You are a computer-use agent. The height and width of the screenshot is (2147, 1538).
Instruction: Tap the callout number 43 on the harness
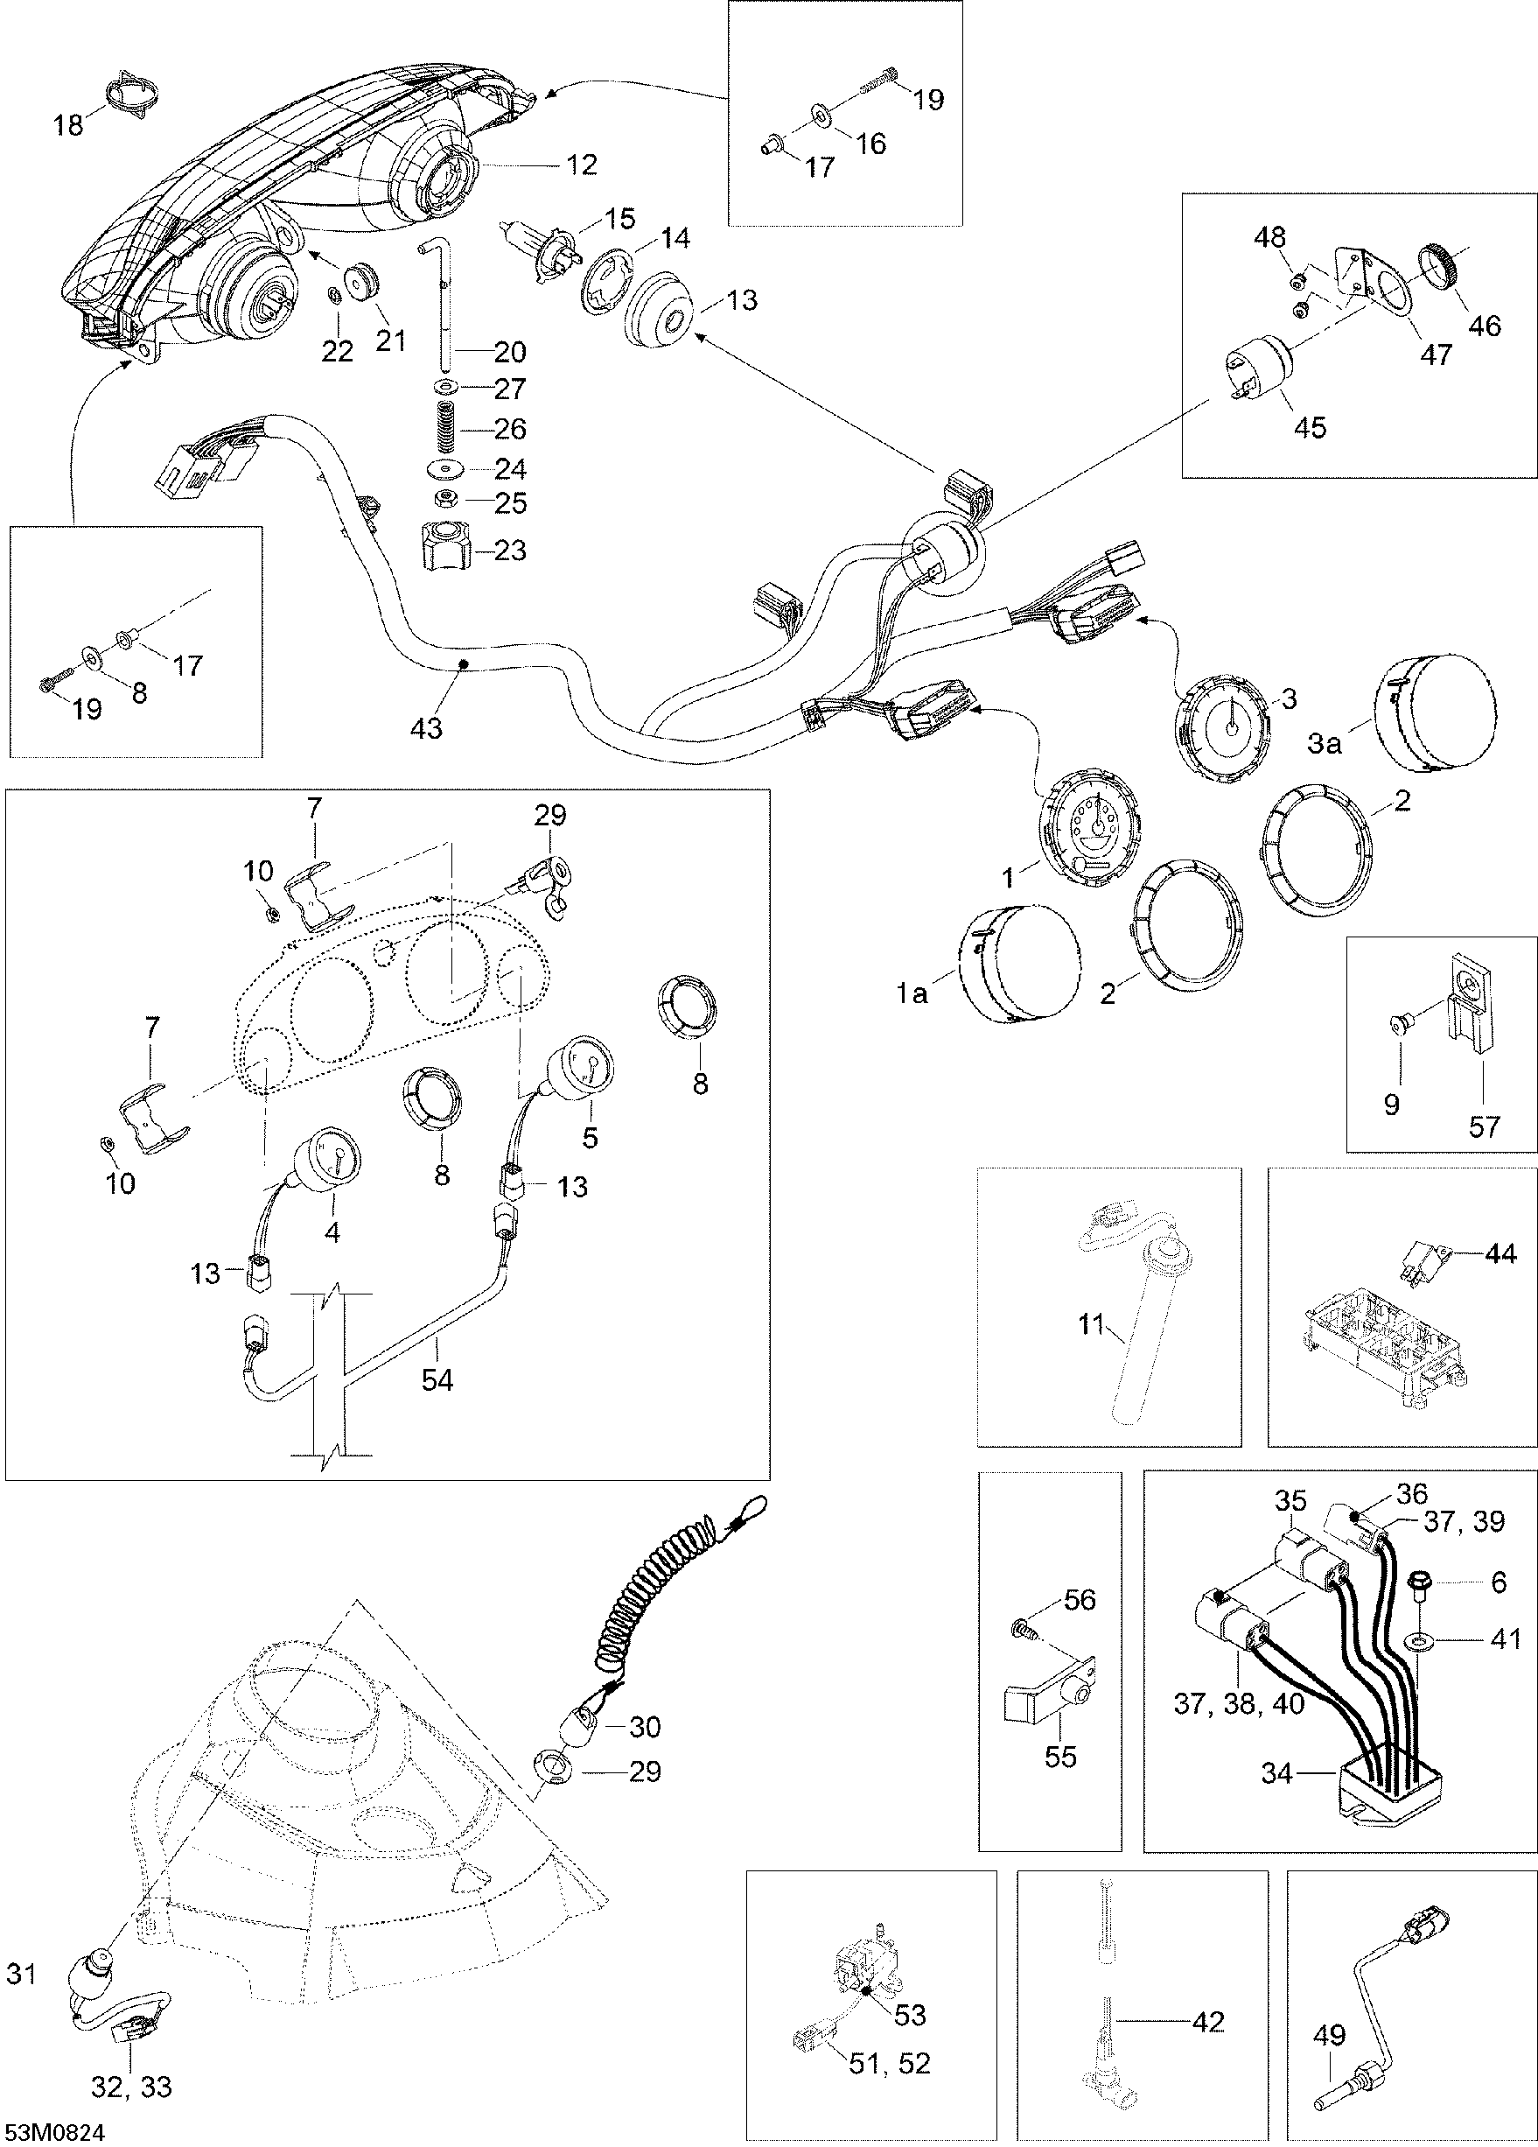(426, 728)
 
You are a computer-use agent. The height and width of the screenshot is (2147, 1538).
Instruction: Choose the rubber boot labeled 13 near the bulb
(661, 313)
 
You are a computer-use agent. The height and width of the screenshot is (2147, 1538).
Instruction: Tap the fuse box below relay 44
(1387, 1362)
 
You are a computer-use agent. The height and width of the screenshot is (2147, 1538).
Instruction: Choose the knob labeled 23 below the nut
(446, 550)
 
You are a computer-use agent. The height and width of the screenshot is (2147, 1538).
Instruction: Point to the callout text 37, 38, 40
(1239, 1704)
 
